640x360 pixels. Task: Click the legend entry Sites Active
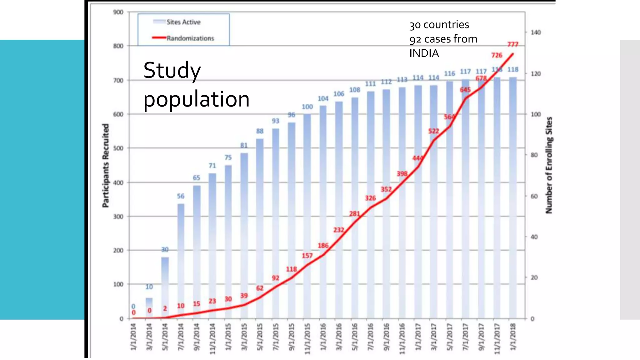point(183,22)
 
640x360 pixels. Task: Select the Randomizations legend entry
point(190,38)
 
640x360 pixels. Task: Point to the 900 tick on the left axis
point(118,12)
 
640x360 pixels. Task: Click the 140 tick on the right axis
point(536,32)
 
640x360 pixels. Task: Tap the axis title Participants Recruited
point(106,166)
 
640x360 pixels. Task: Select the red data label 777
point(512,44)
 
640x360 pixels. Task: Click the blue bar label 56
point(181,196)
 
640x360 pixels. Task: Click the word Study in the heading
point(172,70)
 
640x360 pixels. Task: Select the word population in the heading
point(196,99)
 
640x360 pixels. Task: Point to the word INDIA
point(424,53)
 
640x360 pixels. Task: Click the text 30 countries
point(439,25)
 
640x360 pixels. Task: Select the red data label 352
point(386,189)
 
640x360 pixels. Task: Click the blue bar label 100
point(307,107)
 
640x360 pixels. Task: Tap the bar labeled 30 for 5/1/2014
point(165,287)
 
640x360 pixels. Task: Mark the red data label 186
point(323,246)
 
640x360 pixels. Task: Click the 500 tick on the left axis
point(118,148)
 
